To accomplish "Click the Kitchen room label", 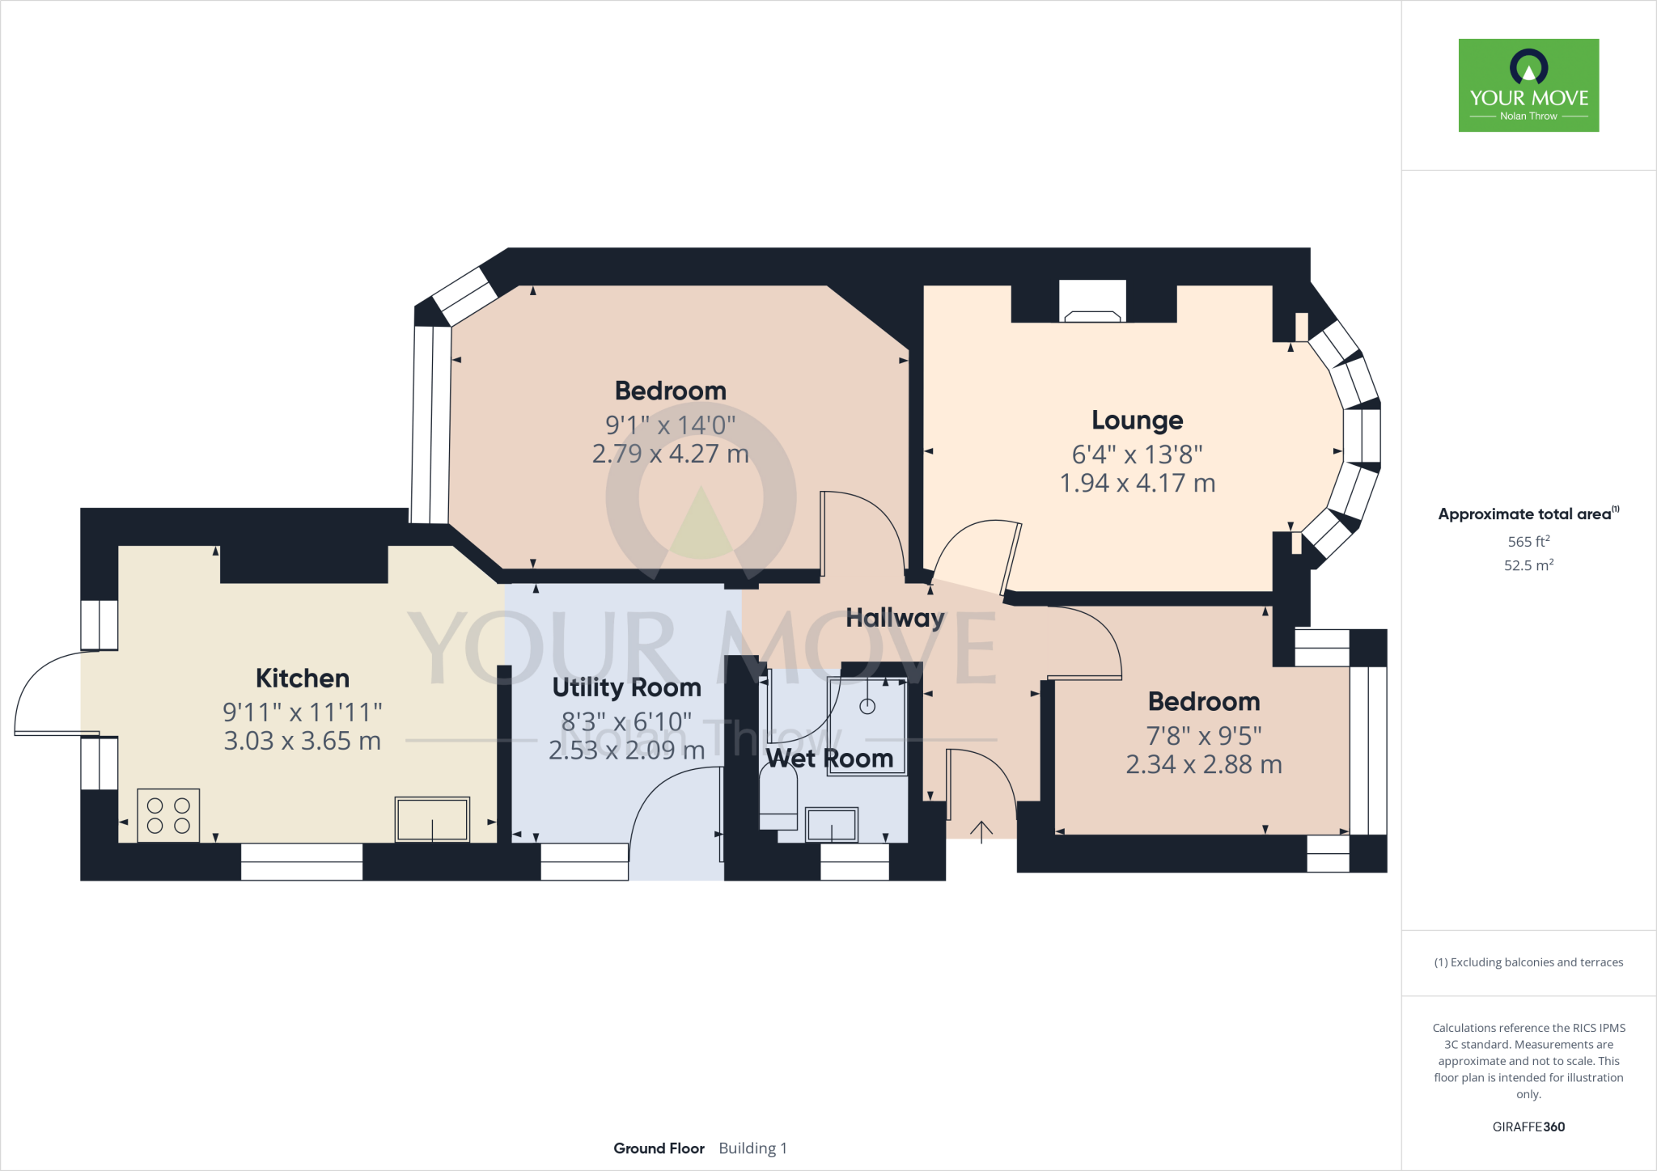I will pyautogui.click(x=303, y=678).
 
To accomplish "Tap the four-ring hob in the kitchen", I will pyautogui.click(x=168, y=815).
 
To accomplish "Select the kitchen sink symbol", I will pyautogui.click(x=432, y=819).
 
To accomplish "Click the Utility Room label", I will pyautogui.click(x=626, y=687).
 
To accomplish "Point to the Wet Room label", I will pyautogui.click(x=829, y=759).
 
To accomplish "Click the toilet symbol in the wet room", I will pyautogui.click(x=778, y=797).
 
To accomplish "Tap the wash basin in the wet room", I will pyautogui.click(x=832, y=825).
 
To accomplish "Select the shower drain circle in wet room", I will pyautogui.click(x=867, y=707).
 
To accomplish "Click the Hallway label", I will pyautogui.click(x=895, y=618).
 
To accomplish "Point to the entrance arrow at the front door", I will pyautogui.click(x=981, y=831).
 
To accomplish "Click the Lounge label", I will pyautogui.click(x=1137, y=421).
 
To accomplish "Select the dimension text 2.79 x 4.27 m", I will pyautogui.click(x=670, y=454).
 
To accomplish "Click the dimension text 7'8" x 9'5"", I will pyautogui.click(x=1203, y=736).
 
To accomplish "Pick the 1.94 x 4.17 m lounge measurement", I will pyautogui.click(x=1137, y=484).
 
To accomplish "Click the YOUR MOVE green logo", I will pyautogui.click(x=1528, y=85).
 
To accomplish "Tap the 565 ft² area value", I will pyautogui.click(x=1528, y=542).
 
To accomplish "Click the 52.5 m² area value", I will pyautogui.click(x=1528, y=565).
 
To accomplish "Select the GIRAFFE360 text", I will pyautogui.click(x=1528, y=1127).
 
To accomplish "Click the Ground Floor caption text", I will pyautogui.click(x=659, y=1148).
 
